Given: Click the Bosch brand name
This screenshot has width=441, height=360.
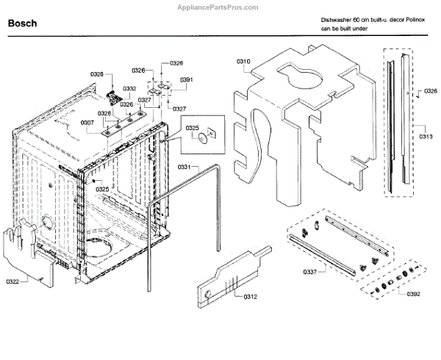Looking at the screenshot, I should coord(23,24).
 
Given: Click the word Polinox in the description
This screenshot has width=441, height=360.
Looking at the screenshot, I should coord(409,24).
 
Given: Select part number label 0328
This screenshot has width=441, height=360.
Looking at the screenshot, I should coord(97,74).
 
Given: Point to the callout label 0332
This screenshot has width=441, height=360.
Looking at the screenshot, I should coord(129,88).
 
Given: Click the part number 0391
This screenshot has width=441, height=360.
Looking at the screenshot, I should coord(186,79).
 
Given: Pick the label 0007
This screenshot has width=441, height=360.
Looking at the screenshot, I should coord(87,123).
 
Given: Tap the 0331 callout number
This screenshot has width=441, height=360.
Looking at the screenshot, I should coord(184,168).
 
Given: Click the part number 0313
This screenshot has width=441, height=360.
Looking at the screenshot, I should coord(426,137).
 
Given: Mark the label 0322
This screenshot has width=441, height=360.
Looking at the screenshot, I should coord(12,281).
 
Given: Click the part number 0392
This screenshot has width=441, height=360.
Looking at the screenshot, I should coord(413,294).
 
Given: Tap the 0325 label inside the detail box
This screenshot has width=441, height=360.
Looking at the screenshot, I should coord(193,129).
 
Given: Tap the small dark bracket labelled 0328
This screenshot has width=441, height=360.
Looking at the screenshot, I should coord(114,98).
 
